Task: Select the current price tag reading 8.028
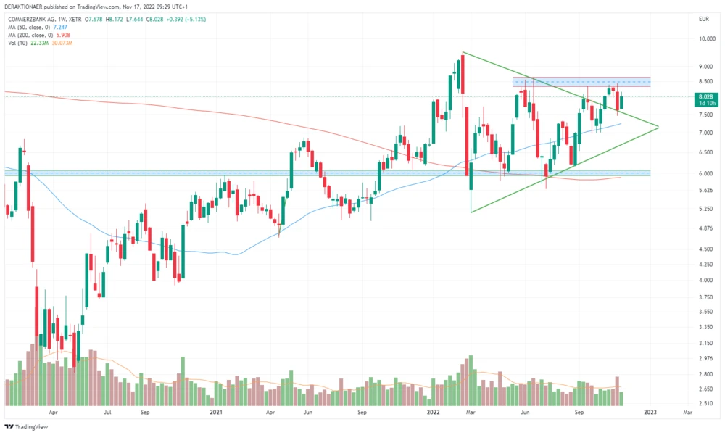pyautogui.click(x=705, y=96)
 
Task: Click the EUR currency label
pyautogui.click(x=703, y=17)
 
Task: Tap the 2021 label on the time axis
pyautogui.click(x=215, y=412)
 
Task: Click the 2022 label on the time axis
pyautogui.click(x=434, y=412)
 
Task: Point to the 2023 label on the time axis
pyautogui.click(x=650, y=412)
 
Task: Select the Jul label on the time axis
pyautogui.click(x=107, y=412)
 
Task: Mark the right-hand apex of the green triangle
pyautogui.click(x=658, y=127)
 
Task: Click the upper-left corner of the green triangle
pyautogui.click(x=463, y=52)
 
